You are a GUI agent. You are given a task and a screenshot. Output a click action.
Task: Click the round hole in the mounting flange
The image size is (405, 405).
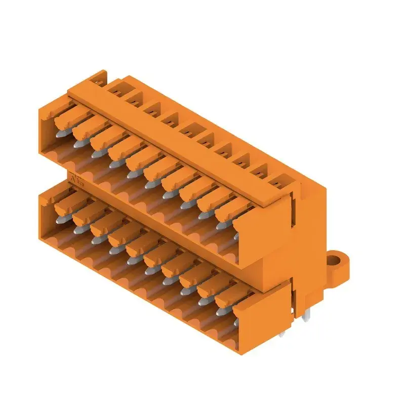(x=335, y=261)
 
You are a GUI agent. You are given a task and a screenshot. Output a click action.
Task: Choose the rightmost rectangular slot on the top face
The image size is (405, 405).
(x=279, y=181)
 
